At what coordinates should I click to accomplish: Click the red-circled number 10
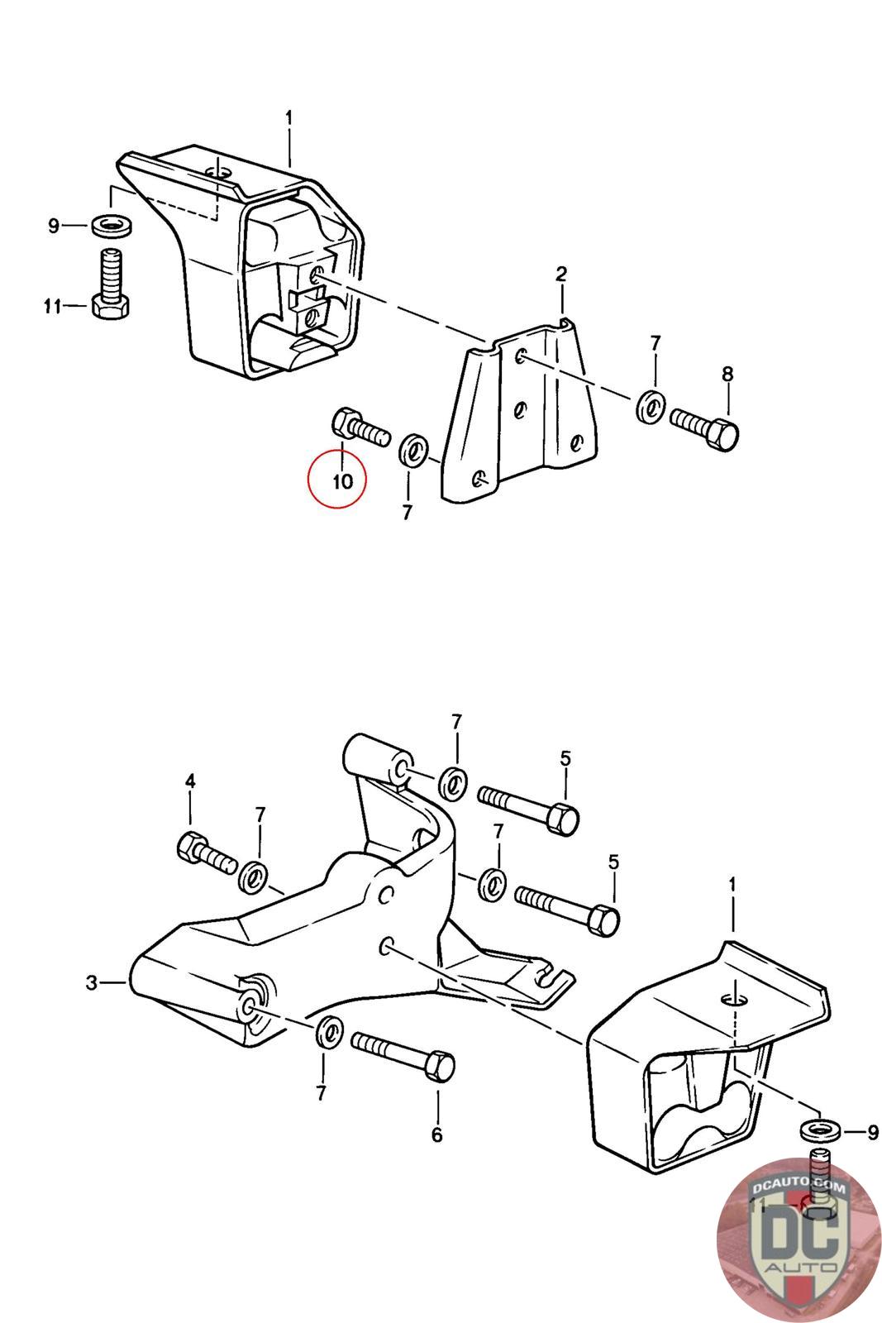click(x=342, y=480)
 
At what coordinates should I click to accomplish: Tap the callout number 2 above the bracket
click(x=560, y=274)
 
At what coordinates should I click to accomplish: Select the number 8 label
click(x=727, y=375)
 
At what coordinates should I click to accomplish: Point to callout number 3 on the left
click(x=92, y=983)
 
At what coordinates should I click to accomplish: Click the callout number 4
click(x=190, y=781)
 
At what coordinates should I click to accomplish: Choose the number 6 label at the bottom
click(x=436, y=1135)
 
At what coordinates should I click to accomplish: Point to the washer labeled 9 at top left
click(x=107, y=224)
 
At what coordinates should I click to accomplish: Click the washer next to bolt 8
click(x=650, y=406)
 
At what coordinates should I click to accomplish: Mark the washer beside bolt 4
click(x=253, y=876)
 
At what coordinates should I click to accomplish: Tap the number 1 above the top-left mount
click(x=288, y=119)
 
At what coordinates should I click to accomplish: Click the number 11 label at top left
click(x=52, y=308)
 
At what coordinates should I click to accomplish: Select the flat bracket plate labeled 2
click(x=521, y=413)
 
